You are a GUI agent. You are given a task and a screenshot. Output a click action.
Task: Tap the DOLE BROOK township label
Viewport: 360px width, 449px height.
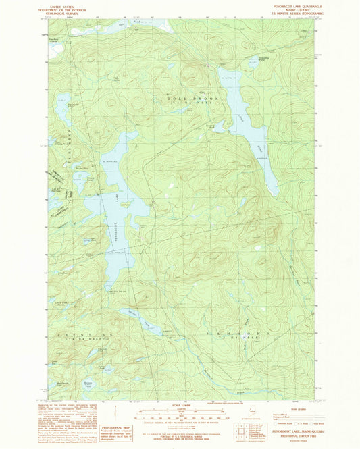coord(182,99)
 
